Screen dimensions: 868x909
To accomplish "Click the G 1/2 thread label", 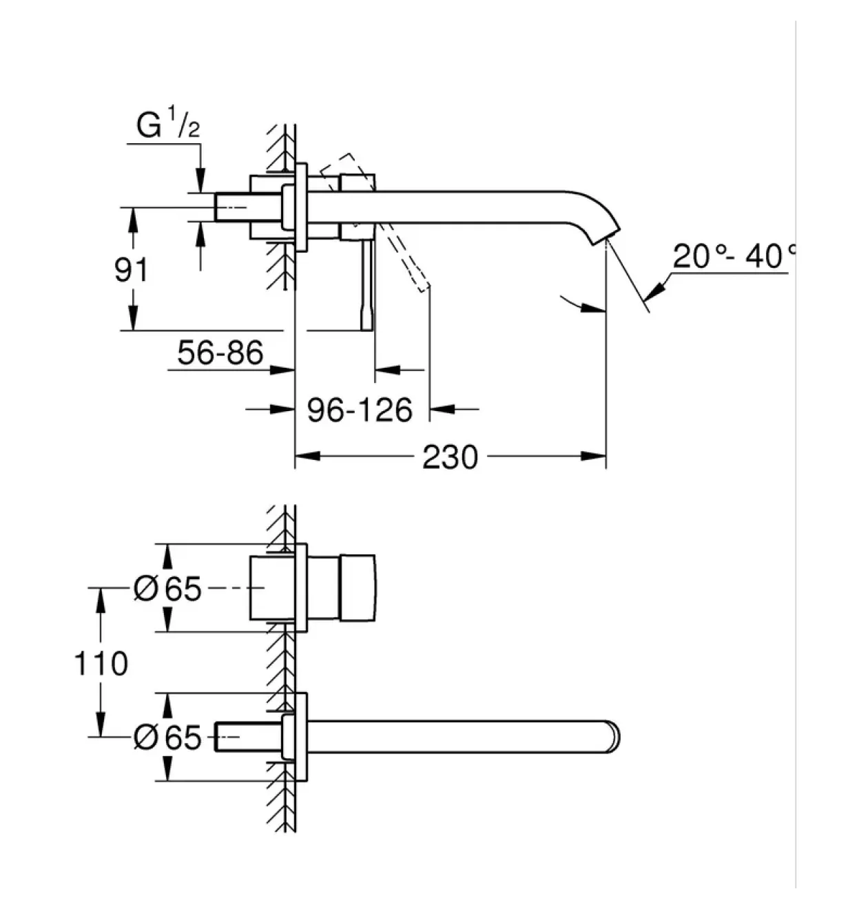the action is point(168,123).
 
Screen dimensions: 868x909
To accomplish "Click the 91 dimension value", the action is point(132,271).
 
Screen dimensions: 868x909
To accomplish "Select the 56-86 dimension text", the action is point(220,353).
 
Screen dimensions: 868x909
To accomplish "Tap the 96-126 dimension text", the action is point(360,410).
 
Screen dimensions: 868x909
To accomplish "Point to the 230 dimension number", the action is point(450,457).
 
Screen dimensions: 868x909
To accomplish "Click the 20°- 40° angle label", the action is point(734,256).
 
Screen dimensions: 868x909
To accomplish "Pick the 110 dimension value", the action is point(101,663).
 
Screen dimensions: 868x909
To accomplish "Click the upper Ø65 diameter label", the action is point(167,589).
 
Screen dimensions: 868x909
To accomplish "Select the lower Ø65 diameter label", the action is point(167,737).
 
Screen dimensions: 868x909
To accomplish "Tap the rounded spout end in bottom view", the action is point(614,737).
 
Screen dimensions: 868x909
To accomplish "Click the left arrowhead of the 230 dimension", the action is point(307,456).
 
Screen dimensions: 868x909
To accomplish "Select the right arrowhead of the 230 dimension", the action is point(594,456).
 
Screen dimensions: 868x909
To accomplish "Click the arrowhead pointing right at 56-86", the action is point(282,370).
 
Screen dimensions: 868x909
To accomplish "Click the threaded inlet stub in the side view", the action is point(249,207).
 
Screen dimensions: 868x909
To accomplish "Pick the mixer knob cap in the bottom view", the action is point(358,587).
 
